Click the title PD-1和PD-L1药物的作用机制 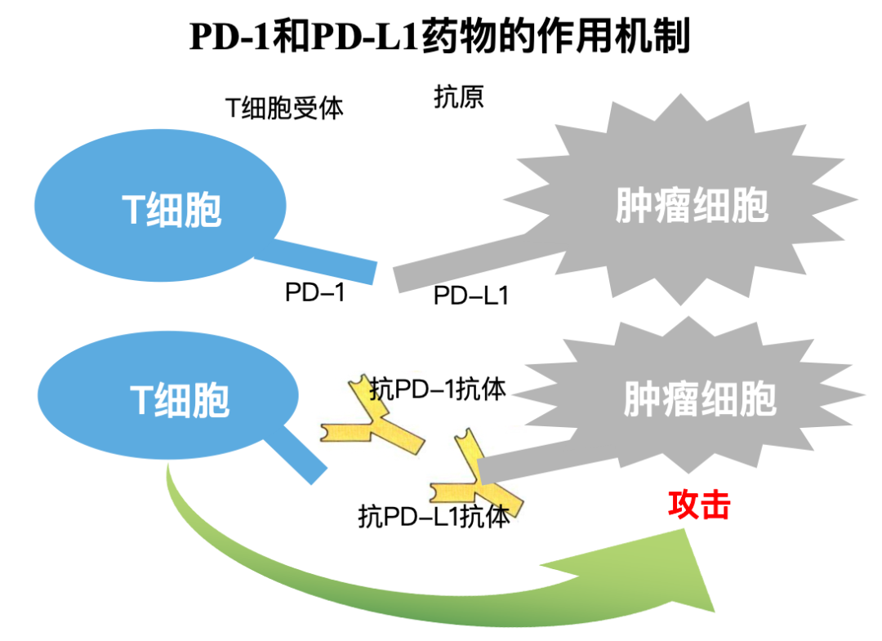pyautogui.click(x=440, y=37)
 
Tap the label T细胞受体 pyautogui.click(x=284, y=107)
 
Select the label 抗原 pyautogui.click(x=458, y=97)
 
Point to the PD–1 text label pyautogui.click(x=315, y=292)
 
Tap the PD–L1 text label pyautogui.click(x=471, y=295)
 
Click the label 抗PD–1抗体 pyautogui.click(x=438, y=389)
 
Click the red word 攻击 pyautogui.click(x=698, y=505)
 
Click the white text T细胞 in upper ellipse pyautogui.click(x=172, y=211)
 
